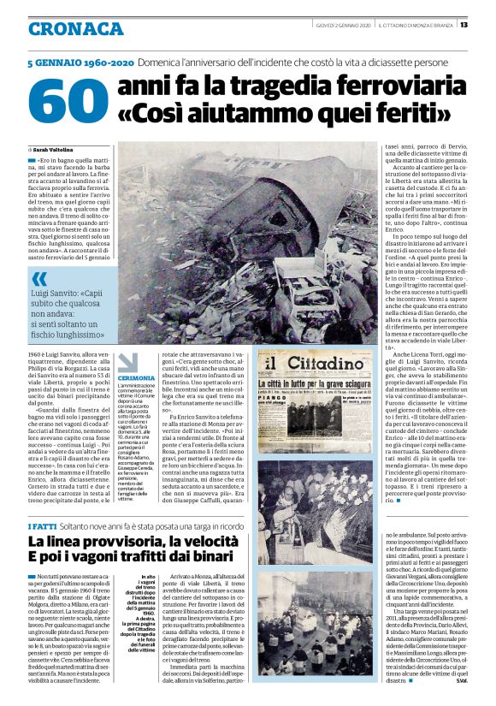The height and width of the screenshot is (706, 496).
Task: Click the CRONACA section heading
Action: [75, 28]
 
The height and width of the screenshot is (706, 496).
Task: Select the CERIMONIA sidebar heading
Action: [137, 377]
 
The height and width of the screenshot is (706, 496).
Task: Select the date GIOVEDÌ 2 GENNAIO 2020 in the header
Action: [341, 25]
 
